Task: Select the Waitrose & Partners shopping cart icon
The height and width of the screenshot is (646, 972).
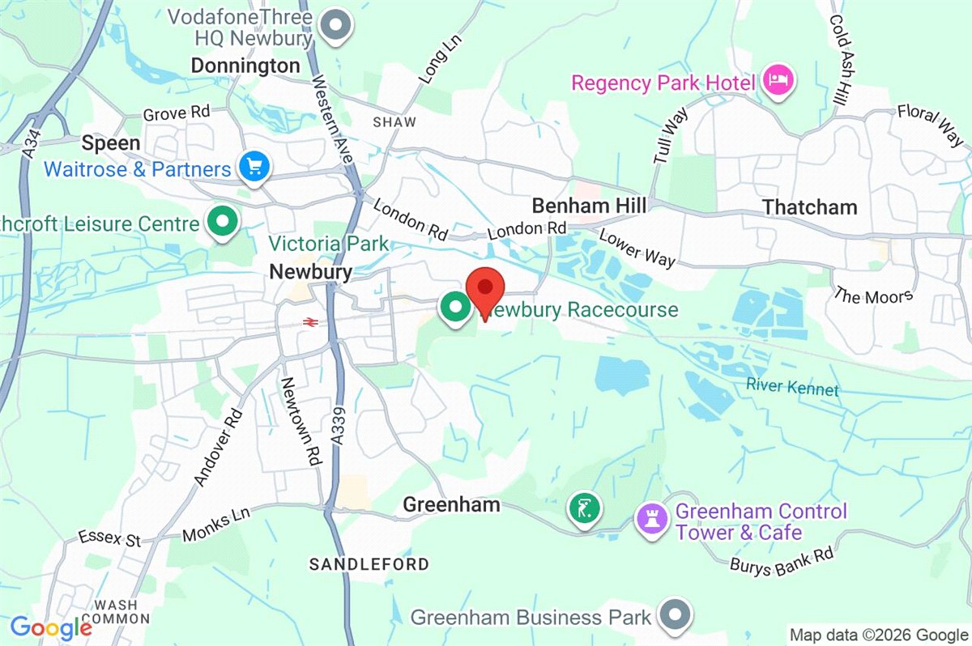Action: [x=255, y=168]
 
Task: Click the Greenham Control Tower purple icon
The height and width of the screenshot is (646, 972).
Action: [x=650, y=519]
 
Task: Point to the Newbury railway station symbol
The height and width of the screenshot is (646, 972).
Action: [x=309, y=322]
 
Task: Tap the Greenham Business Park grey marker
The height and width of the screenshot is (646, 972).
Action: [x=675, y=616]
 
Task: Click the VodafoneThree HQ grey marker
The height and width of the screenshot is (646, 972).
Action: [x=334, y=26]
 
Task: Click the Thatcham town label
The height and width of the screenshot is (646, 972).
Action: [x=809, y=207]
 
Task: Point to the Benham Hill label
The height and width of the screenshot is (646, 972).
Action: [x=589, y=206]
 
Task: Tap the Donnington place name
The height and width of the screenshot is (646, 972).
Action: [x=245, y=66]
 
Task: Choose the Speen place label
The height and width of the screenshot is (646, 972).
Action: [x=111, y=143]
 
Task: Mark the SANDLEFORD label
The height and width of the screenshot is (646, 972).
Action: [x=369, y=563]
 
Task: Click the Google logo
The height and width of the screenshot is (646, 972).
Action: [x=51, y=627]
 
